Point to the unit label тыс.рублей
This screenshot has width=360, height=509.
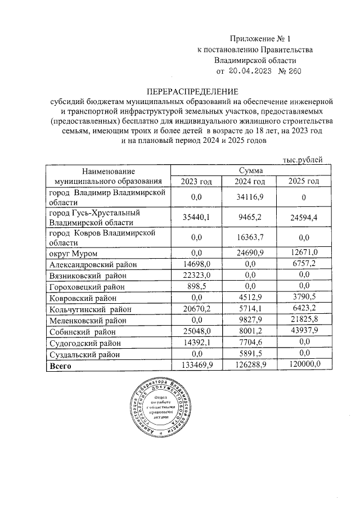pyautogui.click(x=303, y=160)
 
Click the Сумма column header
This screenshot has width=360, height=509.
pyautogui.click(x=247, y=170)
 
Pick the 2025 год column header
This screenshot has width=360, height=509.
pyautogui.click(x=303, y=181)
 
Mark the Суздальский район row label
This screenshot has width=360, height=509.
pyautogui.click(x=84, y=354)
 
